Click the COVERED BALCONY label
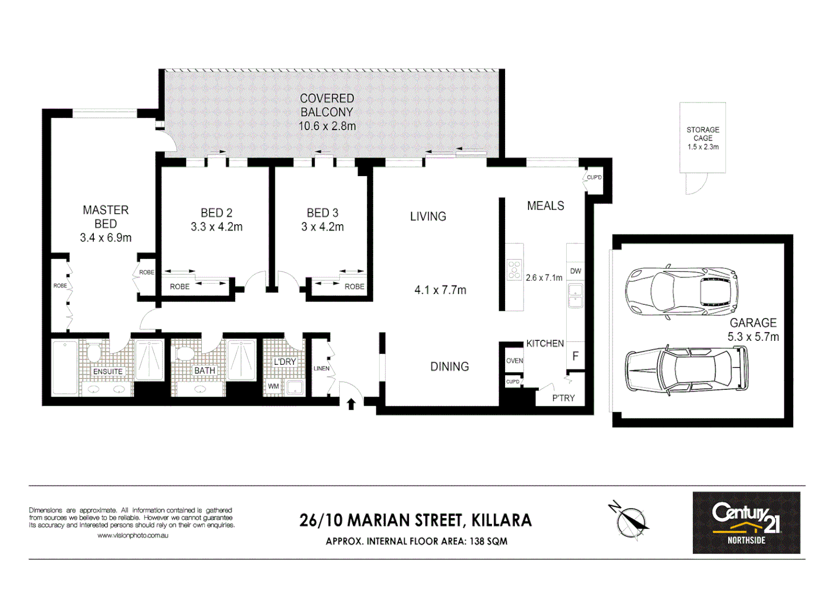327,105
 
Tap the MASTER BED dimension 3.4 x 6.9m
105,238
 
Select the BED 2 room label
217,213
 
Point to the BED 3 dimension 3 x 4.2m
322,227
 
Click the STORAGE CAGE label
703,134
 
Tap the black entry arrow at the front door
351,404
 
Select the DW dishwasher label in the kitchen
575,271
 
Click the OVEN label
514,360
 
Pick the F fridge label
575,356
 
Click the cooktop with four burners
514,270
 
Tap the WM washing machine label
273,386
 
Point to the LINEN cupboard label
321,368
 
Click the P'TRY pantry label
563,398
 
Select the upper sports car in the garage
681,292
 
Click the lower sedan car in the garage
686,369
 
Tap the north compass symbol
631,519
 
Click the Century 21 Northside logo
746,522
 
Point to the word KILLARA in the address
501,520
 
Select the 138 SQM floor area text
488,542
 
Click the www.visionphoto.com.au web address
133,536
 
